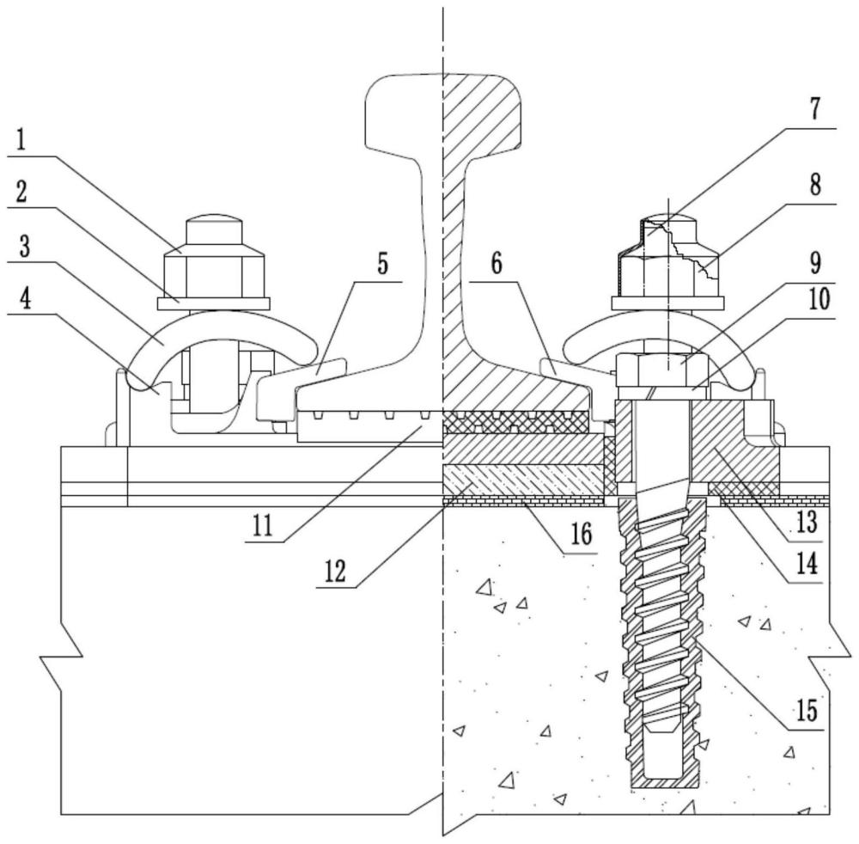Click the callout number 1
pos(21,141)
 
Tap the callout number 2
pos(21,193)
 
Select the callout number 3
pos(23,247)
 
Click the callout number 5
pos(382,264)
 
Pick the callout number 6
pos(497,264)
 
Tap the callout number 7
pos(815,108)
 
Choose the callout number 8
pos(815,185)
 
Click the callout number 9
pos(815,264)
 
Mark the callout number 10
pos(819,299)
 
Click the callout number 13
pos(807,523)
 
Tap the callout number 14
pos(807,563)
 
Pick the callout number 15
pos(807,710)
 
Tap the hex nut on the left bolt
pos(214,273)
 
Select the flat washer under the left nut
pos(214,303)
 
